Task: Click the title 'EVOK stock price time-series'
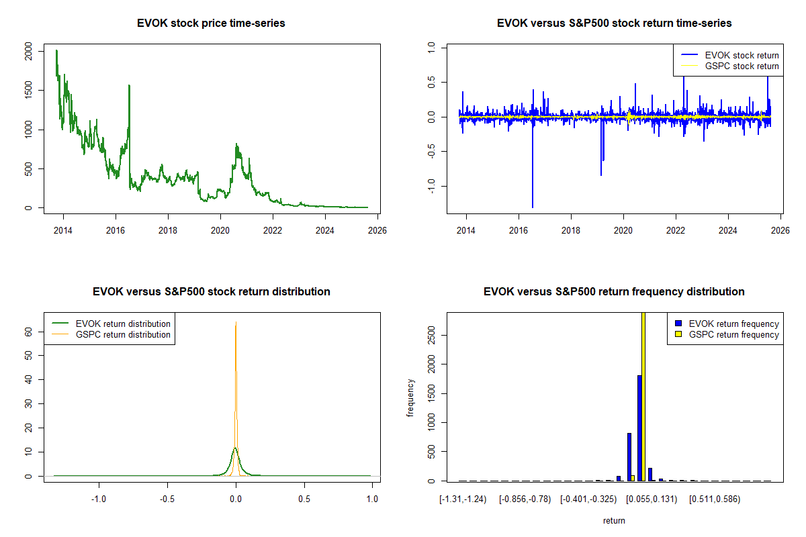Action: pos(211,23)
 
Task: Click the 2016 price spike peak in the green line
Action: pos(129,86)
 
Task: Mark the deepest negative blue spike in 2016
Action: pos(532,207)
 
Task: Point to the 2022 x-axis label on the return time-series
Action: pos(676,230)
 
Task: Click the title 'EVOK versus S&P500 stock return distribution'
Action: pos(211,292)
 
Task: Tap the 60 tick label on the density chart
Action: pos(29,332)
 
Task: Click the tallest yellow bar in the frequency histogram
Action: pos(643,396)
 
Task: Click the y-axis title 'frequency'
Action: pos(410,397)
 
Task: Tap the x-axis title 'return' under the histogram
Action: pos(614,520)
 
